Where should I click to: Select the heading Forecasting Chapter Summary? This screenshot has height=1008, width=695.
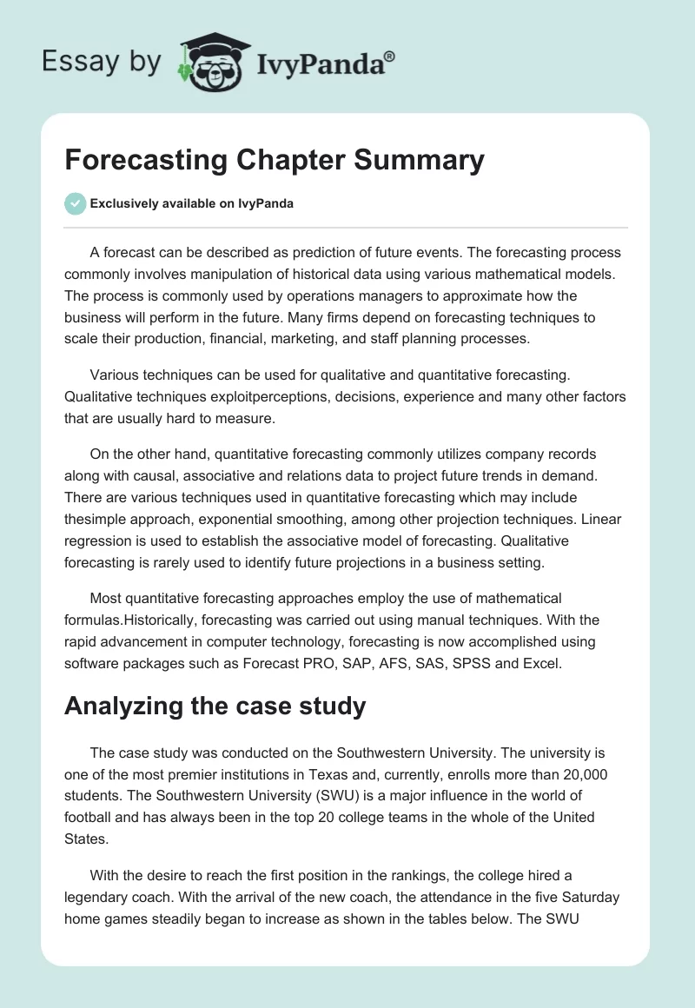274,160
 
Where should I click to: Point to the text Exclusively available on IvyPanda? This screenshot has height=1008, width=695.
191,204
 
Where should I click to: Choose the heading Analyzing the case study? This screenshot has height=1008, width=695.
215,706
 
